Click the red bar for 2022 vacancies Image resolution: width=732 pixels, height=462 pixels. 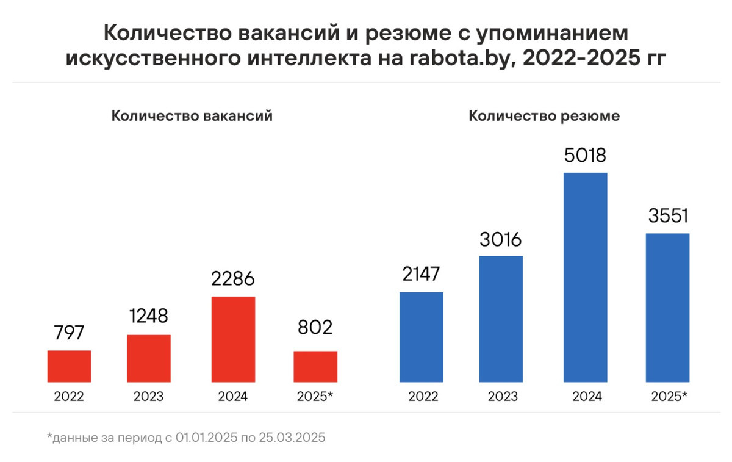pos(69,366)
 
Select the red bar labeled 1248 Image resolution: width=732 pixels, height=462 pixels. pos(148,358)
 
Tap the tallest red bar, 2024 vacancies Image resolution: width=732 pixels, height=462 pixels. pos(233,339)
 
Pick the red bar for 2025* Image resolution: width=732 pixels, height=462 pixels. pos(315,366)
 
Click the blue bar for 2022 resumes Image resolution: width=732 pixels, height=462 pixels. pos(422,337)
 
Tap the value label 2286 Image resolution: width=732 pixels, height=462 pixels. pos(233,280)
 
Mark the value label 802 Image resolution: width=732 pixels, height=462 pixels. pos(315,328)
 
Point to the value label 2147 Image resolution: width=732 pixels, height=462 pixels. pos(422,275)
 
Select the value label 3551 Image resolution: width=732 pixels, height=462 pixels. pos(667,216)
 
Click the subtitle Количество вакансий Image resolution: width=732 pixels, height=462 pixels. pos(192,116)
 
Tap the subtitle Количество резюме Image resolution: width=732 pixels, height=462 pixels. pos(544,116)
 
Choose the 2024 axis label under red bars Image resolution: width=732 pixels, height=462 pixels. pos(233,396)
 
